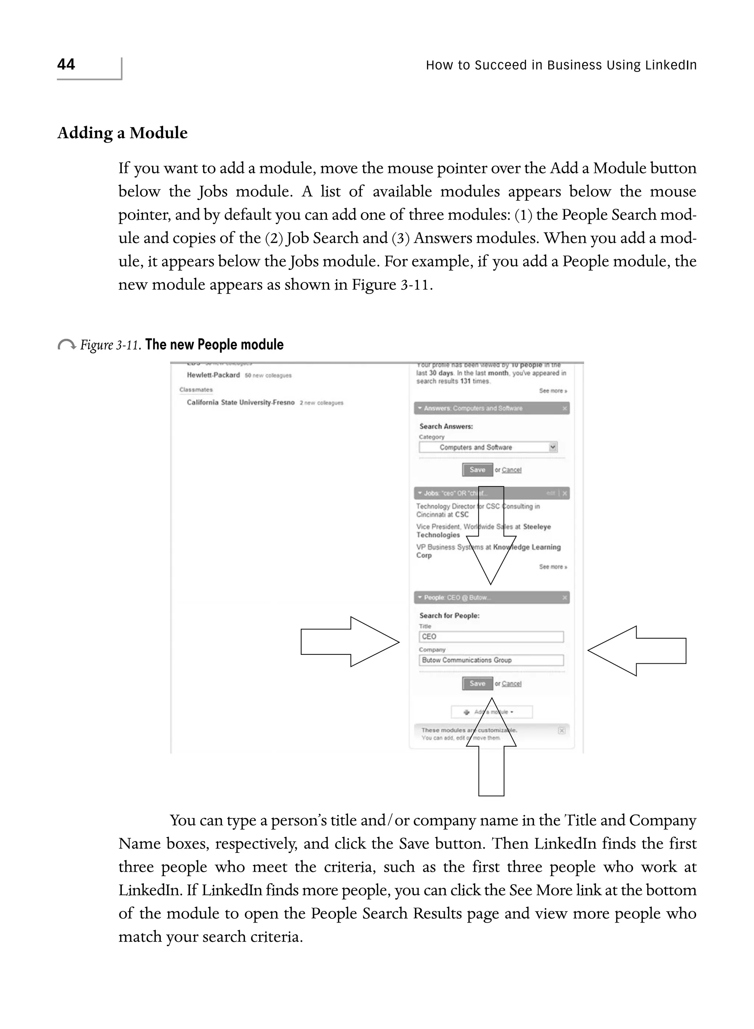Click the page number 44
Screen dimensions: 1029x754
66,64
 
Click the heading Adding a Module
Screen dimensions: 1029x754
122,133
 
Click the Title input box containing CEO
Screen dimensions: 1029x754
491,636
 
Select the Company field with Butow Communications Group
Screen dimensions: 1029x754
491,660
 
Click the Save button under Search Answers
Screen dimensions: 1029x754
478,470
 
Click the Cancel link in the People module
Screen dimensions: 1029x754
511,684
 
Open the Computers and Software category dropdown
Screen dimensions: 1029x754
553,447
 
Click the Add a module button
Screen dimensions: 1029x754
491,712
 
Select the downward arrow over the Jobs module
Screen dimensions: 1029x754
491,534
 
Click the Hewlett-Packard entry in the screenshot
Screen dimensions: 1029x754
213,375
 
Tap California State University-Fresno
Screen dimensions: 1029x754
240,403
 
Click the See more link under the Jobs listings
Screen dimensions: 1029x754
553,567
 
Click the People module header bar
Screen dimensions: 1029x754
491,598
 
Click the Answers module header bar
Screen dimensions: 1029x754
491,408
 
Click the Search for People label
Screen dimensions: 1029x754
449,616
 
